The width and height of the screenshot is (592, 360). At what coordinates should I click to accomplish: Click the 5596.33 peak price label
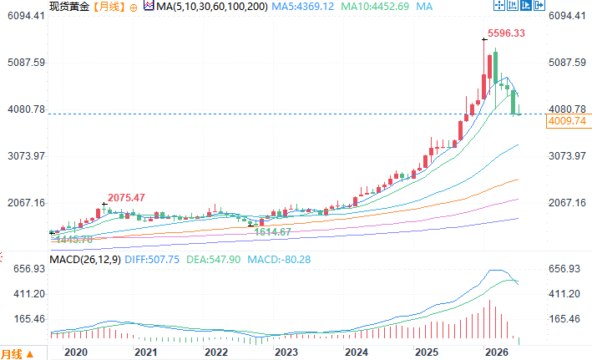tap(506, 33)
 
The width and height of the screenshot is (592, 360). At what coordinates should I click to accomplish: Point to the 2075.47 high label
tap(126, 198)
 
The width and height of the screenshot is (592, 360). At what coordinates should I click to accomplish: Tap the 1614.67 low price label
tap(272, 232)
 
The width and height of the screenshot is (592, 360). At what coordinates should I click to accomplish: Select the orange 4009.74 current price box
tap(569, 121)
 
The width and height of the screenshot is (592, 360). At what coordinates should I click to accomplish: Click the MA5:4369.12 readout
tap(303, 7)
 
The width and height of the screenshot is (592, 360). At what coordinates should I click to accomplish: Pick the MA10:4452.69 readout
tap(375, 7)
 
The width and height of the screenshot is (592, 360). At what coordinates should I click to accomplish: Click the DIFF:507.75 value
tap(152, 260)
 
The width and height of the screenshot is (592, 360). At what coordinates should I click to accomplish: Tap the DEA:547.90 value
tap(213, 260)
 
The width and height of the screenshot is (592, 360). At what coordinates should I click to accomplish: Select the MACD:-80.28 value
tap(279, 260)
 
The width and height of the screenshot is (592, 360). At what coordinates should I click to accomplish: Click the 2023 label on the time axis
tap(286, 352)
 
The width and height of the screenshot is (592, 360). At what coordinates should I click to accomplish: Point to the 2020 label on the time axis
tap(76, 352)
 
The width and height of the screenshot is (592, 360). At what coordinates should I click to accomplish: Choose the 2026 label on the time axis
tap(497, 352)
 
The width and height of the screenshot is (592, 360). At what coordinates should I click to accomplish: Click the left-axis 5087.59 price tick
tap(26, 63)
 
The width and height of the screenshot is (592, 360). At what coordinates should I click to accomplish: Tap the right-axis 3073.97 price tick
tap(567, 156)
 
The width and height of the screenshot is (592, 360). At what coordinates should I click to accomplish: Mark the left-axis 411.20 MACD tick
tap(29, 294)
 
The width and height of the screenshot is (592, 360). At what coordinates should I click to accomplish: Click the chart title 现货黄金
tap(69, 7)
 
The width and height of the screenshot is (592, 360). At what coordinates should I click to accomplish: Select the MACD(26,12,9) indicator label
tap(85, 260)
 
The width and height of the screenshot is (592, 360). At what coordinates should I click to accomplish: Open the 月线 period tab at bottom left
tap(12, 354)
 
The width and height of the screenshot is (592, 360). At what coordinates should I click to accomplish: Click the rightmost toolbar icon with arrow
tap(539, 5)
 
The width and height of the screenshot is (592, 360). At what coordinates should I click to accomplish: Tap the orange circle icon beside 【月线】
tap(134, 8)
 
